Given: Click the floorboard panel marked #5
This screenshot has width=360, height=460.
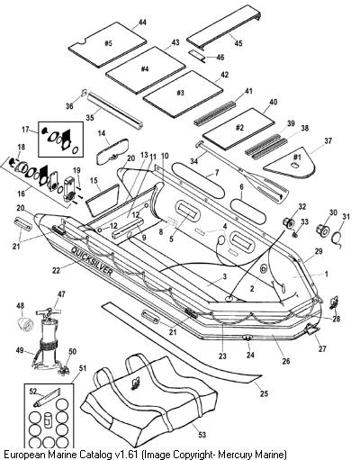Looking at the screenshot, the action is pyautogui.click(x=107, y=44).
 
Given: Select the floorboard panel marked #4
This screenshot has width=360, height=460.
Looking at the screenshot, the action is pyautogui.click(x=146, y=69).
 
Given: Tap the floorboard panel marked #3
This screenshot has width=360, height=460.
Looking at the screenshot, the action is pyautogui.click(x=183, y=94).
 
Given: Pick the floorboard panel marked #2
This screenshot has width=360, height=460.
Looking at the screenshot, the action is pyautogui.click(x=238, y=129).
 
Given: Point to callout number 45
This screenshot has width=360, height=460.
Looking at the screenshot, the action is pyautogui.click(x=238, y=43).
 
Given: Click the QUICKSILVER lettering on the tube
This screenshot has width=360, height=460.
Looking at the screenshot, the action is pyautogui.click(x=92, y=261).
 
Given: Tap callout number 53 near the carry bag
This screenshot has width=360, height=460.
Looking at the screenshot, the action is pyautogui.click(x=202, y=434).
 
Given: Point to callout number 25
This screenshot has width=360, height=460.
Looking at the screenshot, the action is pyautogui.click(x=264, y=393).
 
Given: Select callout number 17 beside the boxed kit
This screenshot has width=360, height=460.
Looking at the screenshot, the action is pyautogui.click(x=25, y=130).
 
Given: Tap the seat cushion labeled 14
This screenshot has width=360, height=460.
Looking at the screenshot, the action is pyautogui.click(x=112, y=151).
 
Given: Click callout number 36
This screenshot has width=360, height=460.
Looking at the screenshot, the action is pyautogui.click(x=69, y=106).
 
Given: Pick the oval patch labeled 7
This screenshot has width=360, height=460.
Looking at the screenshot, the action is pyautogui.click(x=196, y=179).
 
